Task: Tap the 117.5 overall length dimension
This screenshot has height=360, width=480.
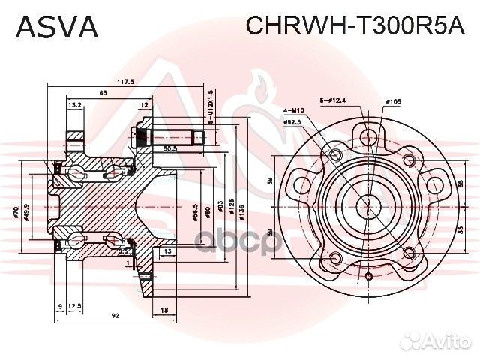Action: coord(125,81)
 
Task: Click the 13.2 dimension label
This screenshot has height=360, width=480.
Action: coord(75,105)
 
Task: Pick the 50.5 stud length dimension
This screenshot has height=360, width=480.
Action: coord(170,149)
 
